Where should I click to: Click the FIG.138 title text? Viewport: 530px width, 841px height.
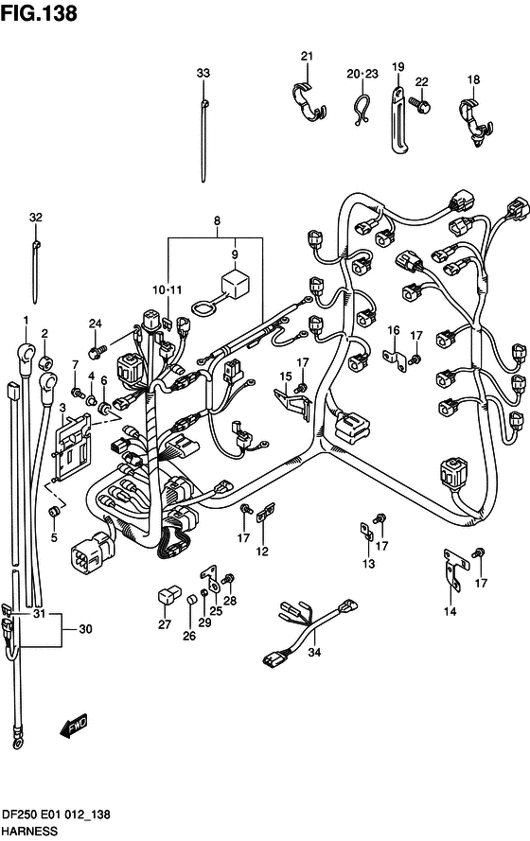coord(39,13)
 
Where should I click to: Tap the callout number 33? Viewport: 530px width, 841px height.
coord(203,73)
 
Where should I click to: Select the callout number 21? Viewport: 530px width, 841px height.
coord(307,56)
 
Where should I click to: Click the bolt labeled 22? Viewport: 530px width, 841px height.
coord(420,103)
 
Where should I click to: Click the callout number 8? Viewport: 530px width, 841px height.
coord(217,220)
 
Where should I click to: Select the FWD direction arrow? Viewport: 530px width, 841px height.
coord(73,726)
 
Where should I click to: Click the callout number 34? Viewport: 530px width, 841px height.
coord(314,652)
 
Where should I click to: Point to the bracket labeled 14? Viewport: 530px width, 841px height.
coord(454,569)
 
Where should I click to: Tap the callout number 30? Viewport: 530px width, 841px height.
coord(85,628)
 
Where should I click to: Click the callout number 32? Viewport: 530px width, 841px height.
coord(35,218)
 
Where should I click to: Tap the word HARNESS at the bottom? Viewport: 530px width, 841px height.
coord(29,832)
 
